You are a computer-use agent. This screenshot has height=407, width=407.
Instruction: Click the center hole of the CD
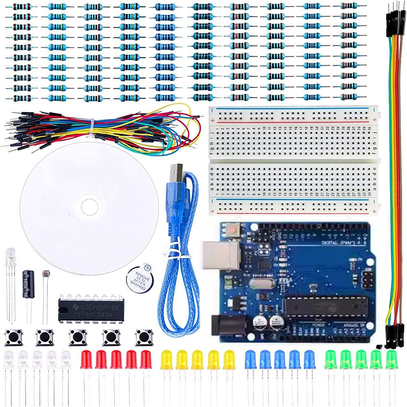pos(89,207)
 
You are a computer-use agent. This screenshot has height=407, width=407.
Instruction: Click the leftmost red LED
pos(86,359)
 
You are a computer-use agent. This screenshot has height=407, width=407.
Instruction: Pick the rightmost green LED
pos(391,359)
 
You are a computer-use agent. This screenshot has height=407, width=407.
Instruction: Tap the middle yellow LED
pos(197,359)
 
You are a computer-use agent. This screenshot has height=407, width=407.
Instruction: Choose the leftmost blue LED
pos(250,359)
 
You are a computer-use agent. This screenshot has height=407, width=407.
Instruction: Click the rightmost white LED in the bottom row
pos(66,359)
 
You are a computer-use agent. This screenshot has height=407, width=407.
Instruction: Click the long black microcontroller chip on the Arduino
pos(326,306)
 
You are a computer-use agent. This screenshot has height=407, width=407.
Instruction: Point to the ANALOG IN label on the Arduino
pos(352,326)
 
